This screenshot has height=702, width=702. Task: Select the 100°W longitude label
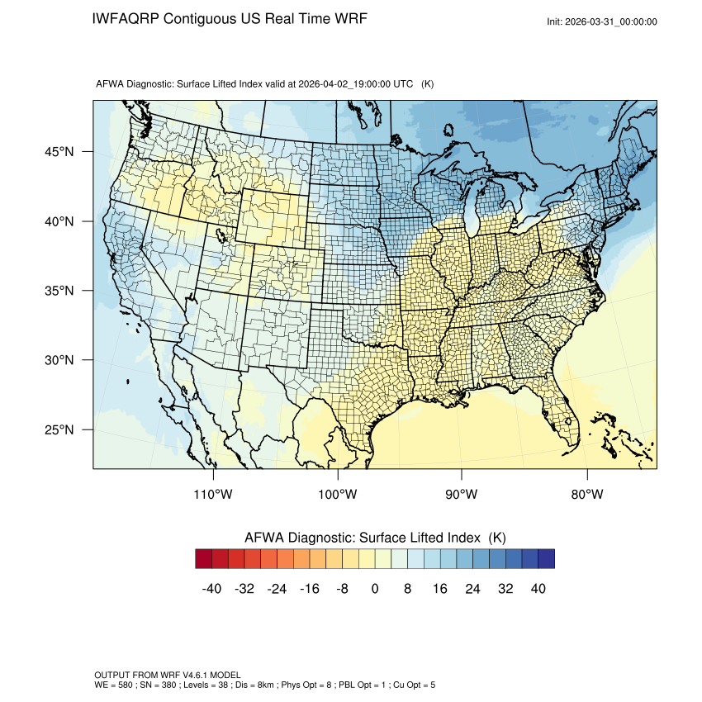(338, 495)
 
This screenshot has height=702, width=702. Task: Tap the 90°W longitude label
(462, 495)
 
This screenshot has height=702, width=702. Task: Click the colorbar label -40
(212, 589)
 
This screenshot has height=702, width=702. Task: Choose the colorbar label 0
(375, 589)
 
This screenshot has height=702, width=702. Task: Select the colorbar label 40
(538, 589)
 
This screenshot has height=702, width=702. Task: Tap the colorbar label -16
(310, 589)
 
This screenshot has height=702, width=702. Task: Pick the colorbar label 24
(473, 589)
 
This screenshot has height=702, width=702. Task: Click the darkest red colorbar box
(204, 559)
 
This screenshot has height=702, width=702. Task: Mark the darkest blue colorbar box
(546, 559)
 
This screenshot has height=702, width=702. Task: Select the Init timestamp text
(602, 22)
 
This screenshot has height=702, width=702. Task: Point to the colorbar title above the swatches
(375, 538)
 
